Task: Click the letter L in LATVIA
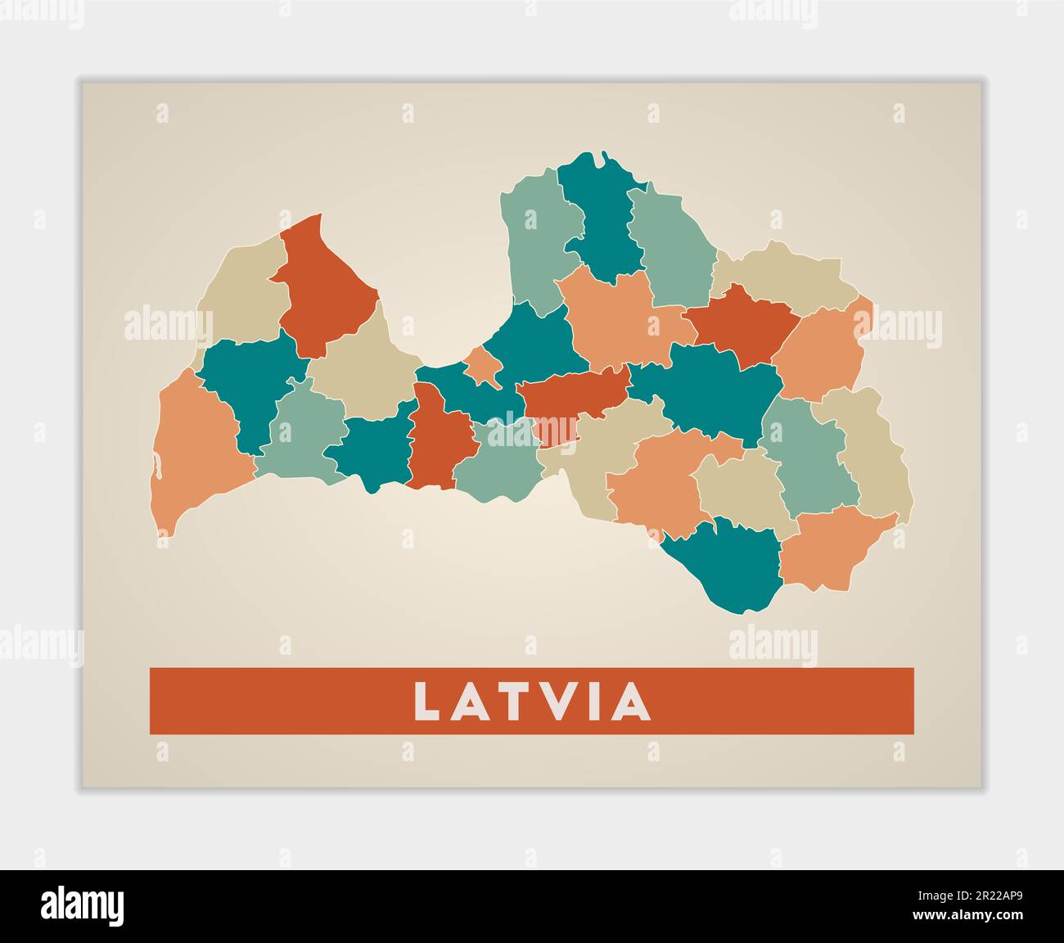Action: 427,702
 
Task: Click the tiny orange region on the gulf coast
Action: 484,366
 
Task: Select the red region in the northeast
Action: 741,323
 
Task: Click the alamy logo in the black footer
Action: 83,906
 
